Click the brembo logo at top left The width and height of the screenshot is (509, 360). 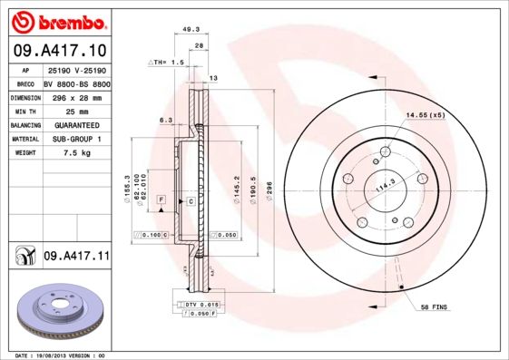(57, 20)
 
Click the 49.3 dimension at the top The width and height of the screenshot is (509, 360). (191, 29)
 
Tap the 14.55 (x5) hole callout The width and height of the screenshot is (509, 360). (426, 115)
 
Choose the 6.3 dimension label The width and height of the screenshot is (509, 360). (166, 120)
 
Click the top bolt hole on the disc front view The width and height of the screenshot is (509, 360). (387, 151)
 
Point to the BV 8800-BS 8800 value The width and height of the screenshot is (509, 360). (76, 83)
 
